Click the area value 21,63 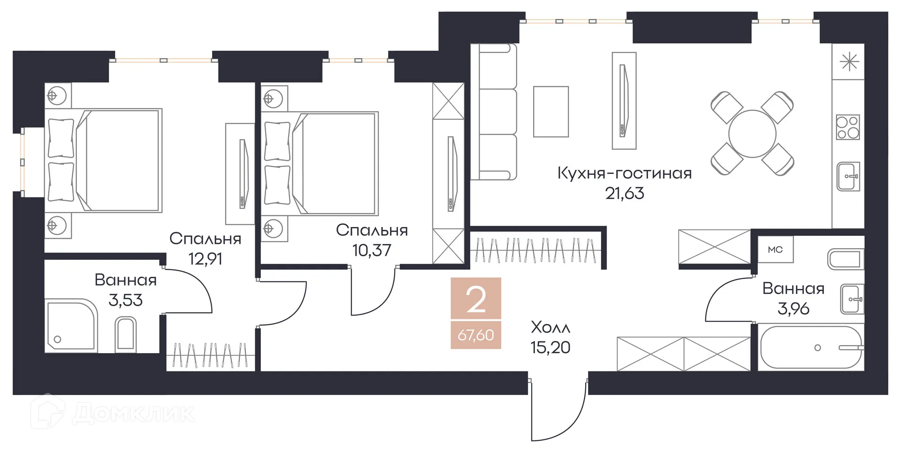coord(624,194)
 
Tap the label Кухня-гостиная coord(624,174)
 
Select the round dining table coord(752,134)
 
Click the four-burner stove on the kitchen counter coord(848,128)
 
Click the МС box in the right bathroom coord(775,249)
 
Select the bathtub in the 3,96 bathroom coord(811,348)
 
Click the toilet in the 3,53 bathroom coord(125,334)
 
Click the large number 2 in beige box coord(476,300)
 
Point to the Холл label coord(550,327)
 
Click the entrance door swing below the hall coord(558,413)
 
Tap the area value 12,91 coord(205,259)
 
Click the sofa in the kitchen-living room coord(494,112)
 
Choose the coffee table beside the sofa coord(550,112)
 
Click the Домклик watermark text coord(133,413)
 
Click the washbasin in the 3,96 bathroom coord(852,299)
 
